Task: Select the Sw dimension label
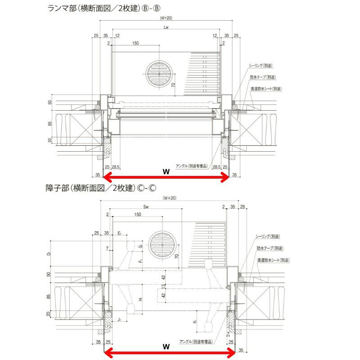click(146, 207)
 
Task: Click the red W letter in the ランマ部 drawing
click(166, 171)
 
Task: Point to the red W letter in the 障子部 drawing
click(166, 346)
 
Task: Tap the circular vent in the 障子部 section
click(162, 246)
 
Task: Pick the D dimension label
click(49, 254)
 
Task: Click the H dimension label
click(140, 299)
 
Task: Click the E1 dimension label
click(119, 233)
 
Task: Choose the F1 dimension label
click(140, 261)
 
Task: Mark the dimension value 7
click(107, 248)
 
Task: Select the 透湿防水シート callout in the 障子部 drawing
click(273, 260)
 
